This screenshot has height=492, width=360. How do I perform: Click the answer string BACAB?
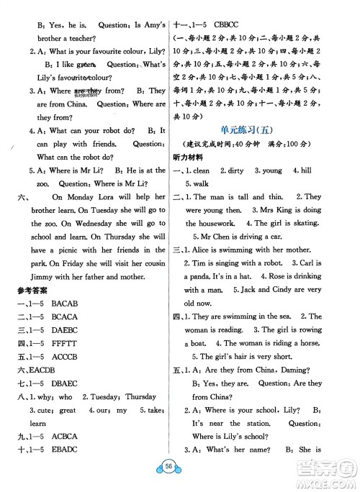65,304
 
